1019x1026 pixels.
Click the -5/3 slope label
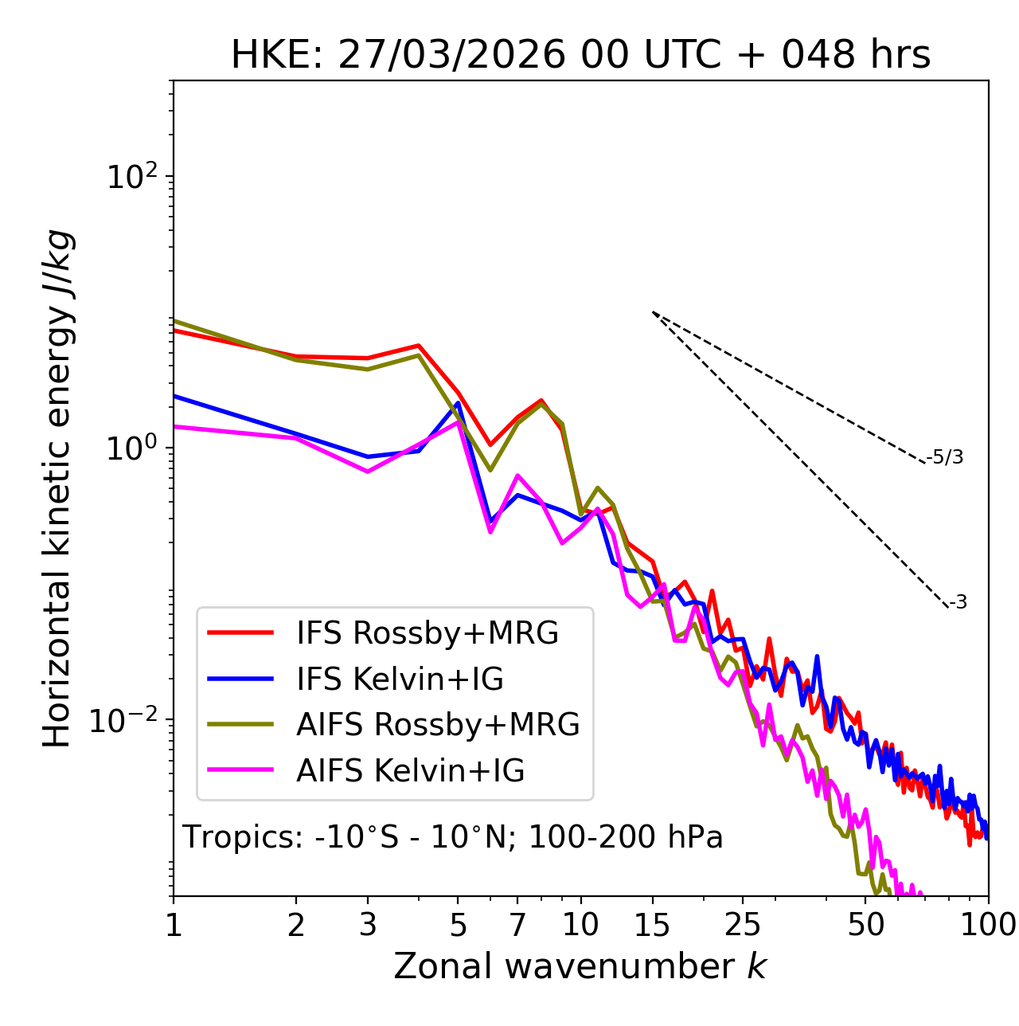pos(945,457)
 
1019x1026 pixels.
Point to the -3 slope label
pos(958,603)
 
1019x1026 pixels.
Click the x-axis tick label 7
pos(517,925)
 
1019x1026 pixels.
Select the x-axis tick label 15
pos(653,925)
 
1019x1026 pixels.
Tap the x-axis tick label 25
pos(743,925)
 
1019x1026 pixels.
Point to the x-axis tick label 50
pos(866,925)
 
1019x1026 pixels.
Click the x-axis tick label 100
pos(988,925)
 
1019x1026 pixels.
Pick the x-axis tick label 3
pos(367,925)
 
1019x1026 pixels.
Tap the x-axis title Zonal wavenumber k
pos(580,966)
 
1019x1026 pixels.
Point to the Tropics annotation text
pos(453,837)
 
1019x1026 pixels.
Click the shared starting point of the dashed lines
pos(653,312)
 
